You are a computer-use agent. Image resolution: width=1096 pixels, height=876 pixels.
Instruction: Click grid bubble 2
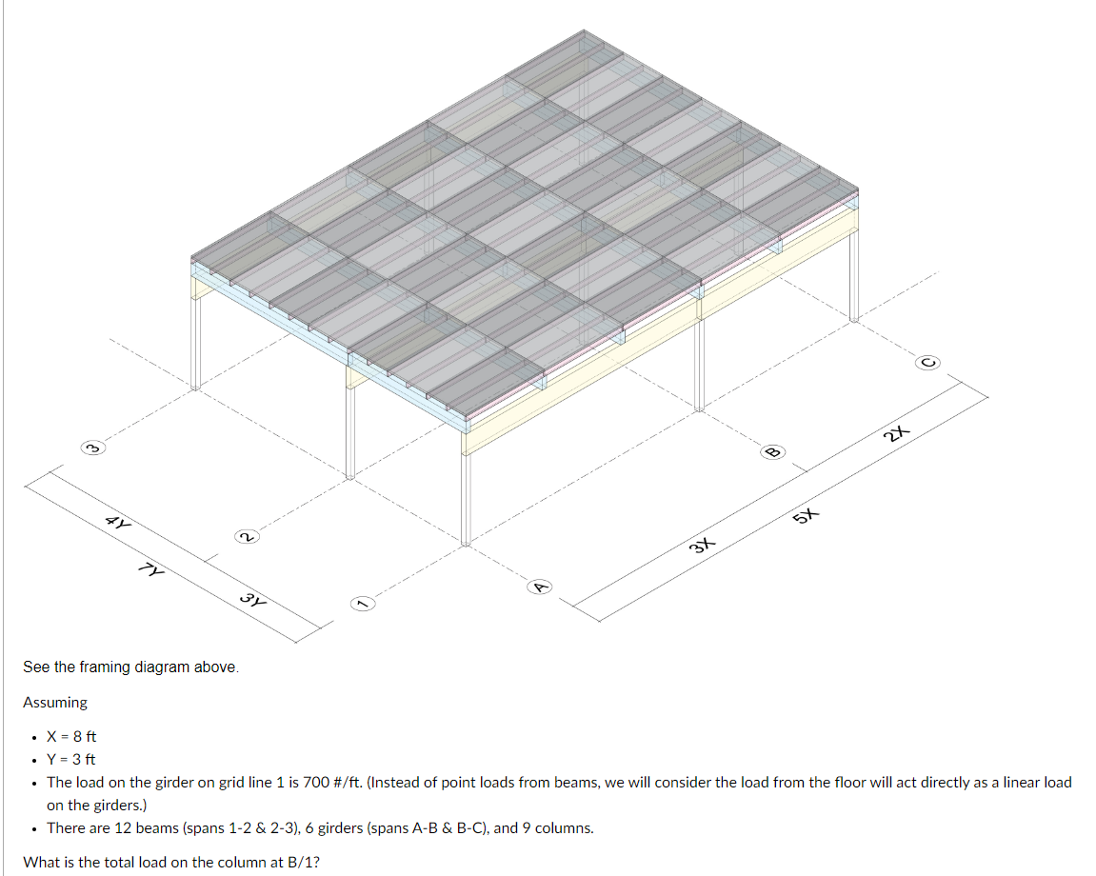coord(245,538)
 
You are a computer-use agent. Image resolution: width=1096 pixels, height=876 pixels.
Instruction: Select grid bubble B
coord(773,450)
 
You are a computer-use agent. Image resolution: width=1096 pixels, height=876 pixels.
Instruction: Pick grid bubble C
coord(930,362)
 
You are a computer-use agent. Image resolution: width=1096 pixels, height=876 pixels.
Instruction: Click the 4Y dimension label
coord(120,523)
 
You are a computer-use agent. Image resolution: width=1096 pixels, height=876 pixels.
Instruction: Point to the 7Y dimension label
coord(151,571)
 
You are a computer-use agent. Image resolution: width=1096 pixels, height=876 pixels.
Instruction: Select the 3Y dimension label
coord(252,600)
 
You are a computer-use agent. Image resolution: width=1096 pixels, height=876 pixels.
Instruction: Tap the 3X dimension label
coord(701,545)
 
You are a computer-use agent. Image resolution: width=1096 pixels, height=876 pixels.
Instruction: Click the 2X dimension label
coord(895,434)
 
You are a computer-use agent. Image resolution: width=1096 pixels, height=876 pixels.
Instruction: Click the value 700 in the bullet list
coord(315,783)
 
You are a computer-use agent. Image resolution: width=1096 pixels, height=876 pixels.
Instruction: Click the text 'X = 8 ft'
coord(71,737)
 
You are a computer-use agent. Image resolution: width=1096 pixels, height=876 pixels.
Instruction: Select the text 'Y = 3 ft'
coord(71,760)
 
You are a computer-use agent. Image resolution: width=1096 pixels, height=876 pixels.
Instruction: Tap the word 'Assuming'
coord(55,703)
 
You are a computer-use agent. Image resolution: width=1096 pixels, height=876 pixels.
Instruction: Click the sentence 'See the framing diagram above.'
coord(131,667)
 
